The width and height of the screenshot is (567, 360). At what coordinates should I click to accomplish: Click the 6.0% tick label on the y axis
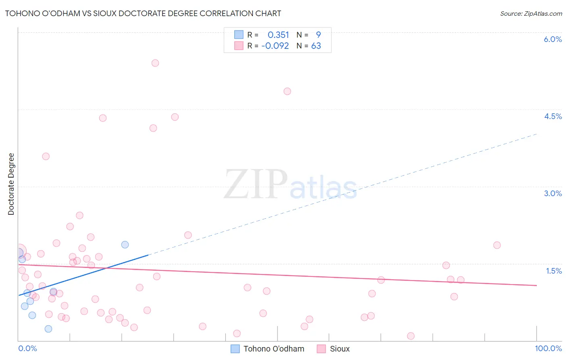point(552,39)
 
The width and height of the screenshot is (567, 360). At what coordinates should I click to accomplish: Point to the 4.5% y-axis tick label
point(552,116)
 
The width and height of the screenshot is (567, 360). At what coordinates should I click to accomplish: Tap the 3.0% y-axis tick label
point(552,193)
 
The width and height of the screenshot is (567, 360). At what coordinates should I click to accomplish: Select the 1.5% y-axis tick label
point(554,271)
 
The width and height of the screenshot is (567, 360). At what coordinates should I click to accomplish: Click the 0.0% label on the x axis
point(27,348)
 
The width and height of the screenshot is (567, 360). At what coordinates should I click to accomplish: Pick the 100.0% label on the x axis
point(548,348)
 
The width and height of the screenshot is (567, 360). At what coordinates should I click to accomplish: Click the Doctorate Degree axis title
point(11,184)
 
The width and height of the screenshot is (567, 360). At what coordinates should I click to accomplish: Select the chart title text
point(143,13)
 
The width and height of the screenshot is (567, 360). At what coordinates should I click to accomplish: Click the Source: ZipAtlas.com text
point(531,13)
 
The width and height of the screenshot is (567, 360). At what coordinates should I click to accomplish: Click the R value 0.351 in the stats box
point(278,35)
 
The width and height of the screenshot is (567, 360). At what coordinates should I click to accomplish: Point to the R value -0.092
point(275,46)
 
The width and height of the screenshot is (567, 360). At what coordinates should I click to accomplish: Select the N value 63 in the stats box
point(316,46)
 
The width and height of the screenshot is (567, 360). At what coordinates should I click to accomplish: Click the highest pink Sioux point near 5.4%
point(155,63)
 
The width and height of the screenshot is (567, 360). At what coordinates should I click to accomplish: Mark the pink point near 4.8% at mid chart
point(287,91)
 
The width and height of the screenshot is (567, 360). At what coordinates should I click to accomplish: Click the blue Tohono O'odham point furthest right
point(125,245)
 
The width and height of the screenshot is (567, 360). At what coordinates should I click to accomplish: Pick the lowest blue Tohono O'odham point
point(48,329)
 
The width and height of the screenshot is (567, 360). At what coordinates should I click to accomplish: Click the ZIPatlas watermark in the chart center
point(290,185)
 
